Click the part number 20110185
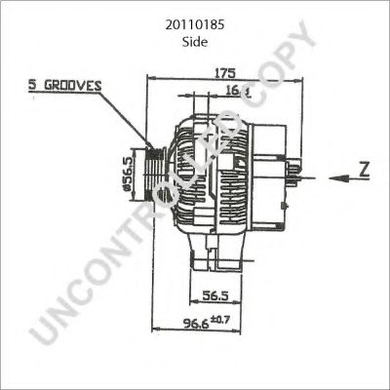pyautogui.click(x=195, y=28)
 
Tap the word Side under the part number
pyautogui.click(x=195, y=44)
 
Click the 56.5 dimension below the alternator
pyautogui.click(x=214, y=296)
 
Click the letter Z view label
pyautogui.click(x=361, y=168)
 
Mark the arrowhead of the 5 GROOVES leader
pyautogui.click(x=146, y=148)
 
